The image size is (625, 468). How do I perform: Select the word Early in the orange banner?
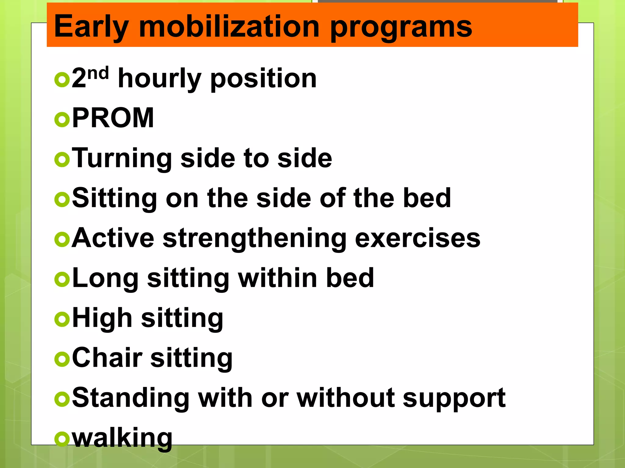[x=91, y=27]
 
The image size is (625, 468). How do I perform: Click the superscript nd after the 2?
[x=98, y=73]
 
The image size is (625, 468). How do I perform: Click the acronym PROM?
[x=113, y=118]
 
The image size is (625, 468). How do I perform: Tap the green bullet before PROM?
[x=62, y=120]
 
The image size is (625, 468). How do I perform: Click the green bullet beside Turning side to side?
[x=62, y=160]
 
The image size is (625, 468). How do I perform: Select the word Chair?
[x=107, y=358]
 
